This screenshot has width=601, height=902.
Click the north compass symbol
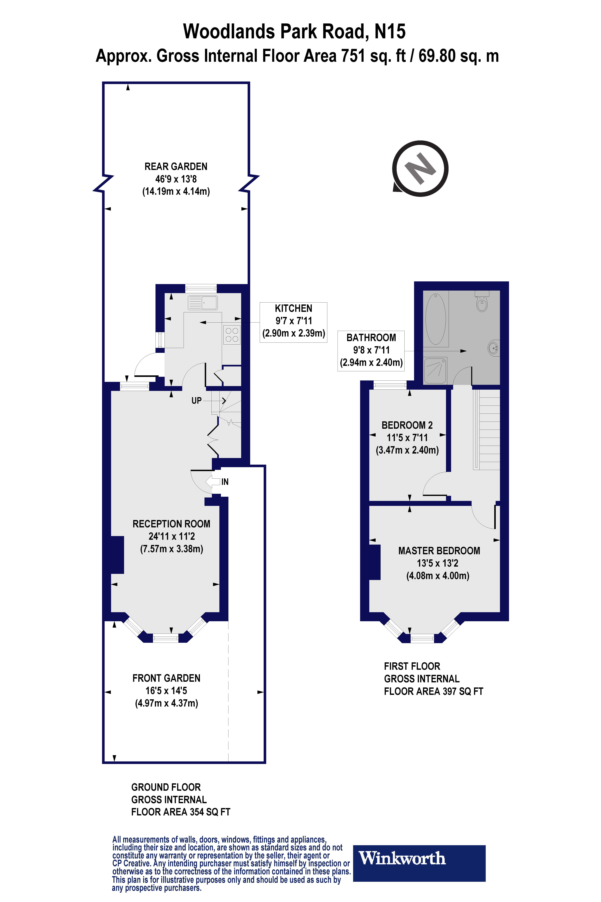coord(420,169)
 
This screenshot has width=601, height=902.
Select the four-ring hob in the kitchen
coord(232,335)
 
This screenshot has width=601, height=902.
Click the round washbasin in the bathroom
coord(494,348)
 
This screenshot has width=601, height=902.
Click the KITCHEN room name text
coord(294,308)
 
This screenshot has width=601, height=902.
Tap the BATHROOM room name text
coord(371,337)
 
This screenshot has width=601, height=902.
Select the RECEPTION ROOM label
coord(171,524)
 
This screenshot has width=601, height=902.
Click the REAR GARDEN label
coord(176,166)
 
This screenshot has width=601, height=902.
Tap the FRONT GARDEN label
coord(166,678)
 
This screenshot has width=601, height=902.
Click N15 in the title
coord(390,31)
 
